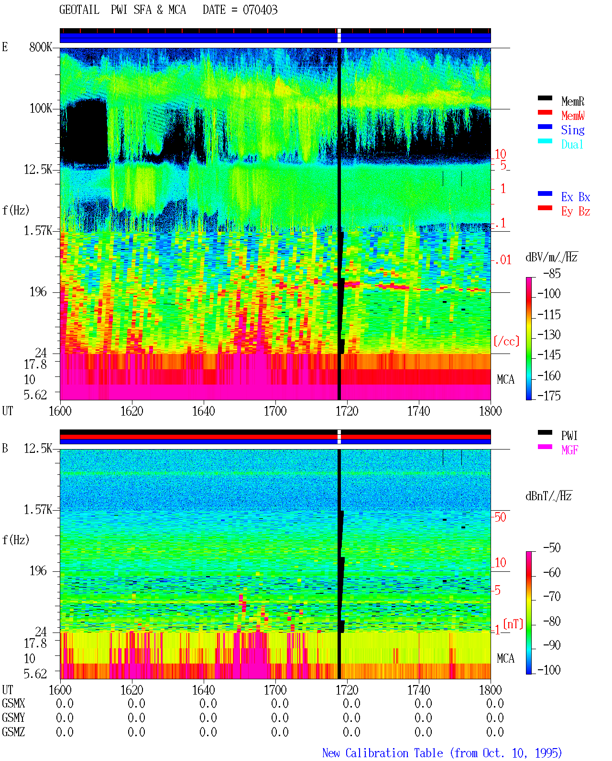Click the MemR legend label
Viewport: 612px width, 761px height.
(x=572, y=101)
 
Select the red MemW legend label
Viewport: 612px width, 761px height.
(x=572, y=116)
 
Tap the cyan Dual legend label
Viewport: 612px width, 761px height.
(x=572, y=144)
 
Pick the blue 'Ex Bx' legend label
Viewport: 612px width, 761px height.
(x=575, y=197)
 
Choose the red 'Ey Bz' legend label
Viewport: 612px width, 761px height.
(x=575, y=212)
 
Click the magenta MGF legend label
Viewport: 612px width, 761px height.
(x=569, y=450)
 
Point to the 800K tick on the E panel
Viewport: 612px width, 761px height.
(x=40, y=47)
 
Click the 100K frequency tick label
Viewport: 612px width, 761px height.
(x=41, y=108)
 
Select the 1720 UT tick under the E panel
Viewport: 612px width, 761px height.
(x=347, y=411)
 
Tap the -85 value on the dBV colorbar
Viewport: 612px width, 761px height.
(x=552, y=273)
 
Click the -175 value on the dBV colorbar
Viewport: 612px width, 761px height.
(x=549, y=396)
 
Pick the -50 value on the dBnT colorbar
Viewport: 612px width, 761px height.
(x=552, y=548)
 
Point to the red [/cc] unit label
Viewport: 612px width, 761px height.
(x=506, y=341)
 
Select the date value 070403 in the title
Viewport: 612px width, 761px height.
(x=260, y=10)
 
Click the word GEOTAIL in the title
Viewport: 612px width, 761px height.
(x=79, y=10)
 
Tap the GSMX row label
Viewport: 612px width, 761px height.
(x=13, y=703)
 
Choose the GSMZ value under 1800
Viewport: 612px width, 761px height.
(x=495, y=732)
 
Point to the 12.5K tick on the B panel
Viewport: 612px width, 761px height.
(x=38, y=449)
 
